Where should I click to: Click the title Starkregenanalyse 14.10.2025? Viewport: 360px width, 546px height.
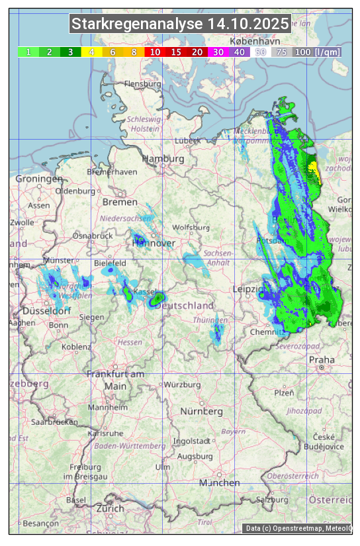tap(180, 24)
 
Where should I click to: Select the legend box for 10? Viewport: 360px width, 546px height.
tap(155, 52)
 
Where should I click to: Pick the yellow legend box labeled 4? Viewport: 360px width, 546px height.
tap(91, 52)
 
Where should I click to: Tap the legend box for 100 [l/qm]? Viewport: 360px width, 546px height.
tap(317, 52)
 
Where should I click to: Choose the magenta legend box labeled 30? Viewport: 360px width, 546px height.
tap(218, 52)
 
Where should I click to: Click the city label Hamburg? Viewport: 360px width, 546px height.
tap(163, 159)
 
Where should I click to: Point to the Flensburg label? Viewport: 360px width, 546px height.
tap(142, 84)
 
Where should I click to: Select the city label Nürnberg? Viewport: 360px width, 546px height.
tap(202, 411)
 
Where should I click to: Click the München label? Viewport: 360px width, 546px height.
tap(220, 483)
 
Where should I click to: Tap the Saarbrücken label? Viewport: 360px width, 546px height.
tap(54, 421)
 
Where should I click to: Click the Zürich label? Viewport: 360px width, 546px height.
tap(109, 508)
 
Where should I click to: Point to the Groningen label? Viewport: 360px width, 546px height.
tap(39, 179)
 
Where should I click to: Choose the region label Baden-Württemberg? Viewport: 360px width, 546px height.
tap(130, 446)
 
